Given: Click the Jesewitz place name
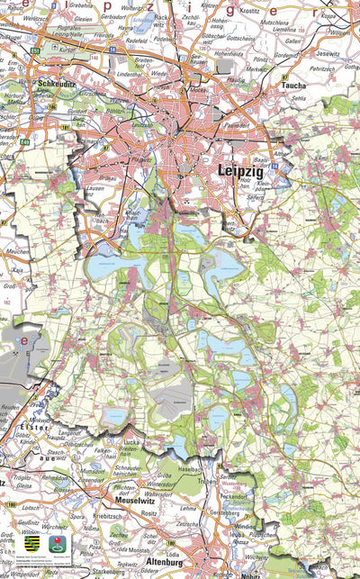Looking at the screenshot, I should (328, 53).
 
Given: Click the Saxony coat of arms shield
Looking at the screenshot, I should (31, 545).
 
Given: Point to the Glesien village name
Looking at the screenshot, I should (85, 17).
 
